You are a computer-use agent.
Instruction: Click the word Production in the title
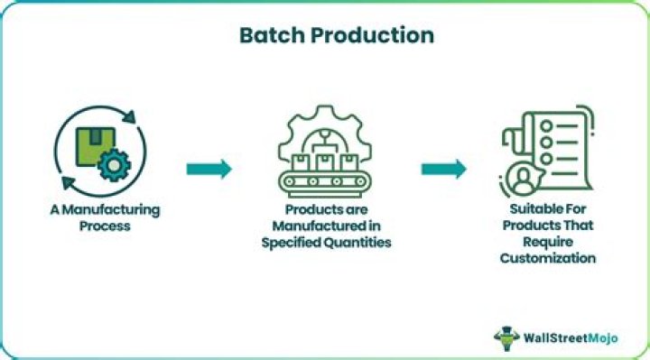369,35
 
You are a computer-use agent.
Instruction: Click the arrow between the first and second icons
209,169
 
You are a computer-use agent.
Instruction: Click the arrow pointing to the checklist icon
443,169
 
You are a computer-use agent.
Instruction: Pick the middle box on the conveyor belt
325,163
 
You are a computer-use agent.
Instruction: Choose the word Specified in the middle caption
293,241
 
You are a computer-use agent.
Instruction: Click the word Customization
551,258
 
